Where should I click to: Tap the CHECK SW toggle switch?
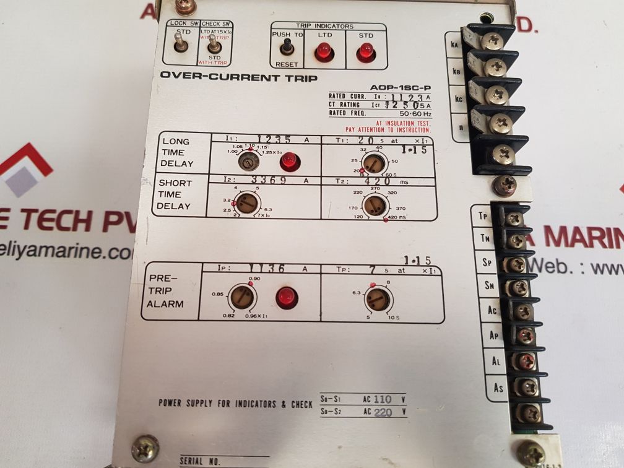tap(214, 45)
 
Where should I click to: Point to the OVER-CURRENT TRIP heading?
tap(238, 77)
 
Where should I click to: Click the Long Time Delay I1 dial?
tap(248, 163)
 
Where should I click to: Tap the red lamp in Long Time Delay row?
tap(287, 163)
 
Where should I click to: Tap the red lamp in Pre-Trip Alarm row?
tap(284, 297)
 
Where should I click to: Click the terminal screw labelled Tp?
tap(513, 219)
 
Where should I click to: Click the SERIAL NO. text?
tap(199, 461)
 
